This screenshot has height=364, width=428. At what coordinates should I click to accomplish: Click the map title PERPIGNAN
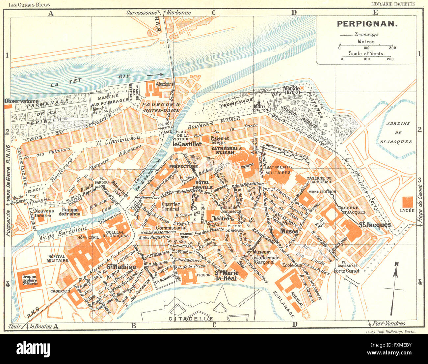pos(367,24)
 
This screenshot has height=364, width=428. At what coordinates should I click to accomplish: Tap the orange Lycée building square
pos(407,202)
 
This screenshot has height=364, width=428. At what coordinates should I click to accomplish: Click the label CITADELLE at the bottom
pos(191,319)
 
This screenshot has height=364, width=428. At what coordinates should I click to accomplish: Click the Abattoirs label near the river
pos(165,84)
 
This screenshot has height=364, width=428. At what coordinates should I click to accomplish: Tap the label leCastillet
pos(187,144)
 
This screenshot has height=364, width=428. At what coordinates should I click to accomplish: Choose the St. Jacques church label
pos(375,225)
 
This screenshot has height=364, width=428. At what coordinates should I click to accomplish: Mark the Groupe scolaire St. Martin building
pos(30,280)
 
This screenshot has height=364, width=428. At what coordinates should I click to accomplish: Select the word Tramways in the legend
pos(366,34)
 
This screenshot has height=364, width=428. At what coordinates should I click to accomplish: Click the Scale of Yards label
pos(366,53)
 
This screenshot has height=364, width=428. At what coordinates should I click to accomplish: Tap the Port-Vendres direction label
pos(389,323)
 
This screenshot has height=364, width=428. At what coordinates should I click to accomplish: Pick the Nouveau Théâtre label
pos(44,213)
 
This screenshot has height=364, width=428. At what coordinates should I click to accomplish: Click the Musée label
pos(289,231)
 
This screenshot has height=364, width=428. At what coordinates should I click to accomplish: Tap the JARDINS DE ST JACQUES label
pos(398,132)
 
